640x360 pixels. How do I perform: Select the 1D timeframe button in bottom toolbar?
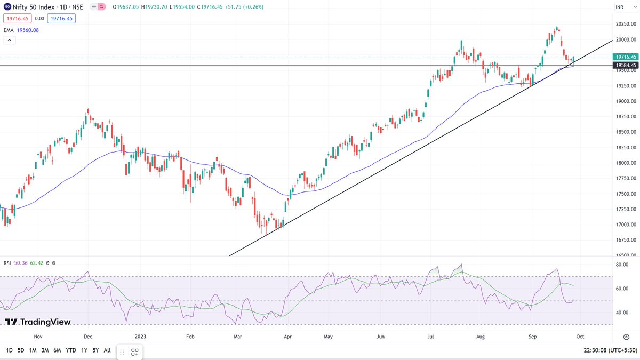point(10,350)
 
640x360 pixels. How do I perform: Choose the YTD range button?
point(70,350)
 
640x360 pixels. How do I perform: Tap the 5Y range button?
point(95,350)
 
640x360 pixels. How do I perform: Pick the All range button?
point(108,350)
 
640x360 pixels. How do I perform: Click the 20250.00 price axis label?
point(624,24)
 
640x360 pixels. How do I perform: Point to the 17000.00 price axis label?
point(624,225)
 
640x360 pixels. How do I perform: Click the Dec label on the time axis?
point(88,337)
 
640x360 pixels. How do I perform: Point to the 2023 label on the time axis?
point(140,337)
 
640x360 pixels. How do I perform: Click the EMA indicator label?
point(8,30)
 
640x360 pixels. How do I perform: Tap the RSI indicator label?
point(7,263)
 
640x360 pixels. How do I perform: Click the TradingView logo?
point(38,322)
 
